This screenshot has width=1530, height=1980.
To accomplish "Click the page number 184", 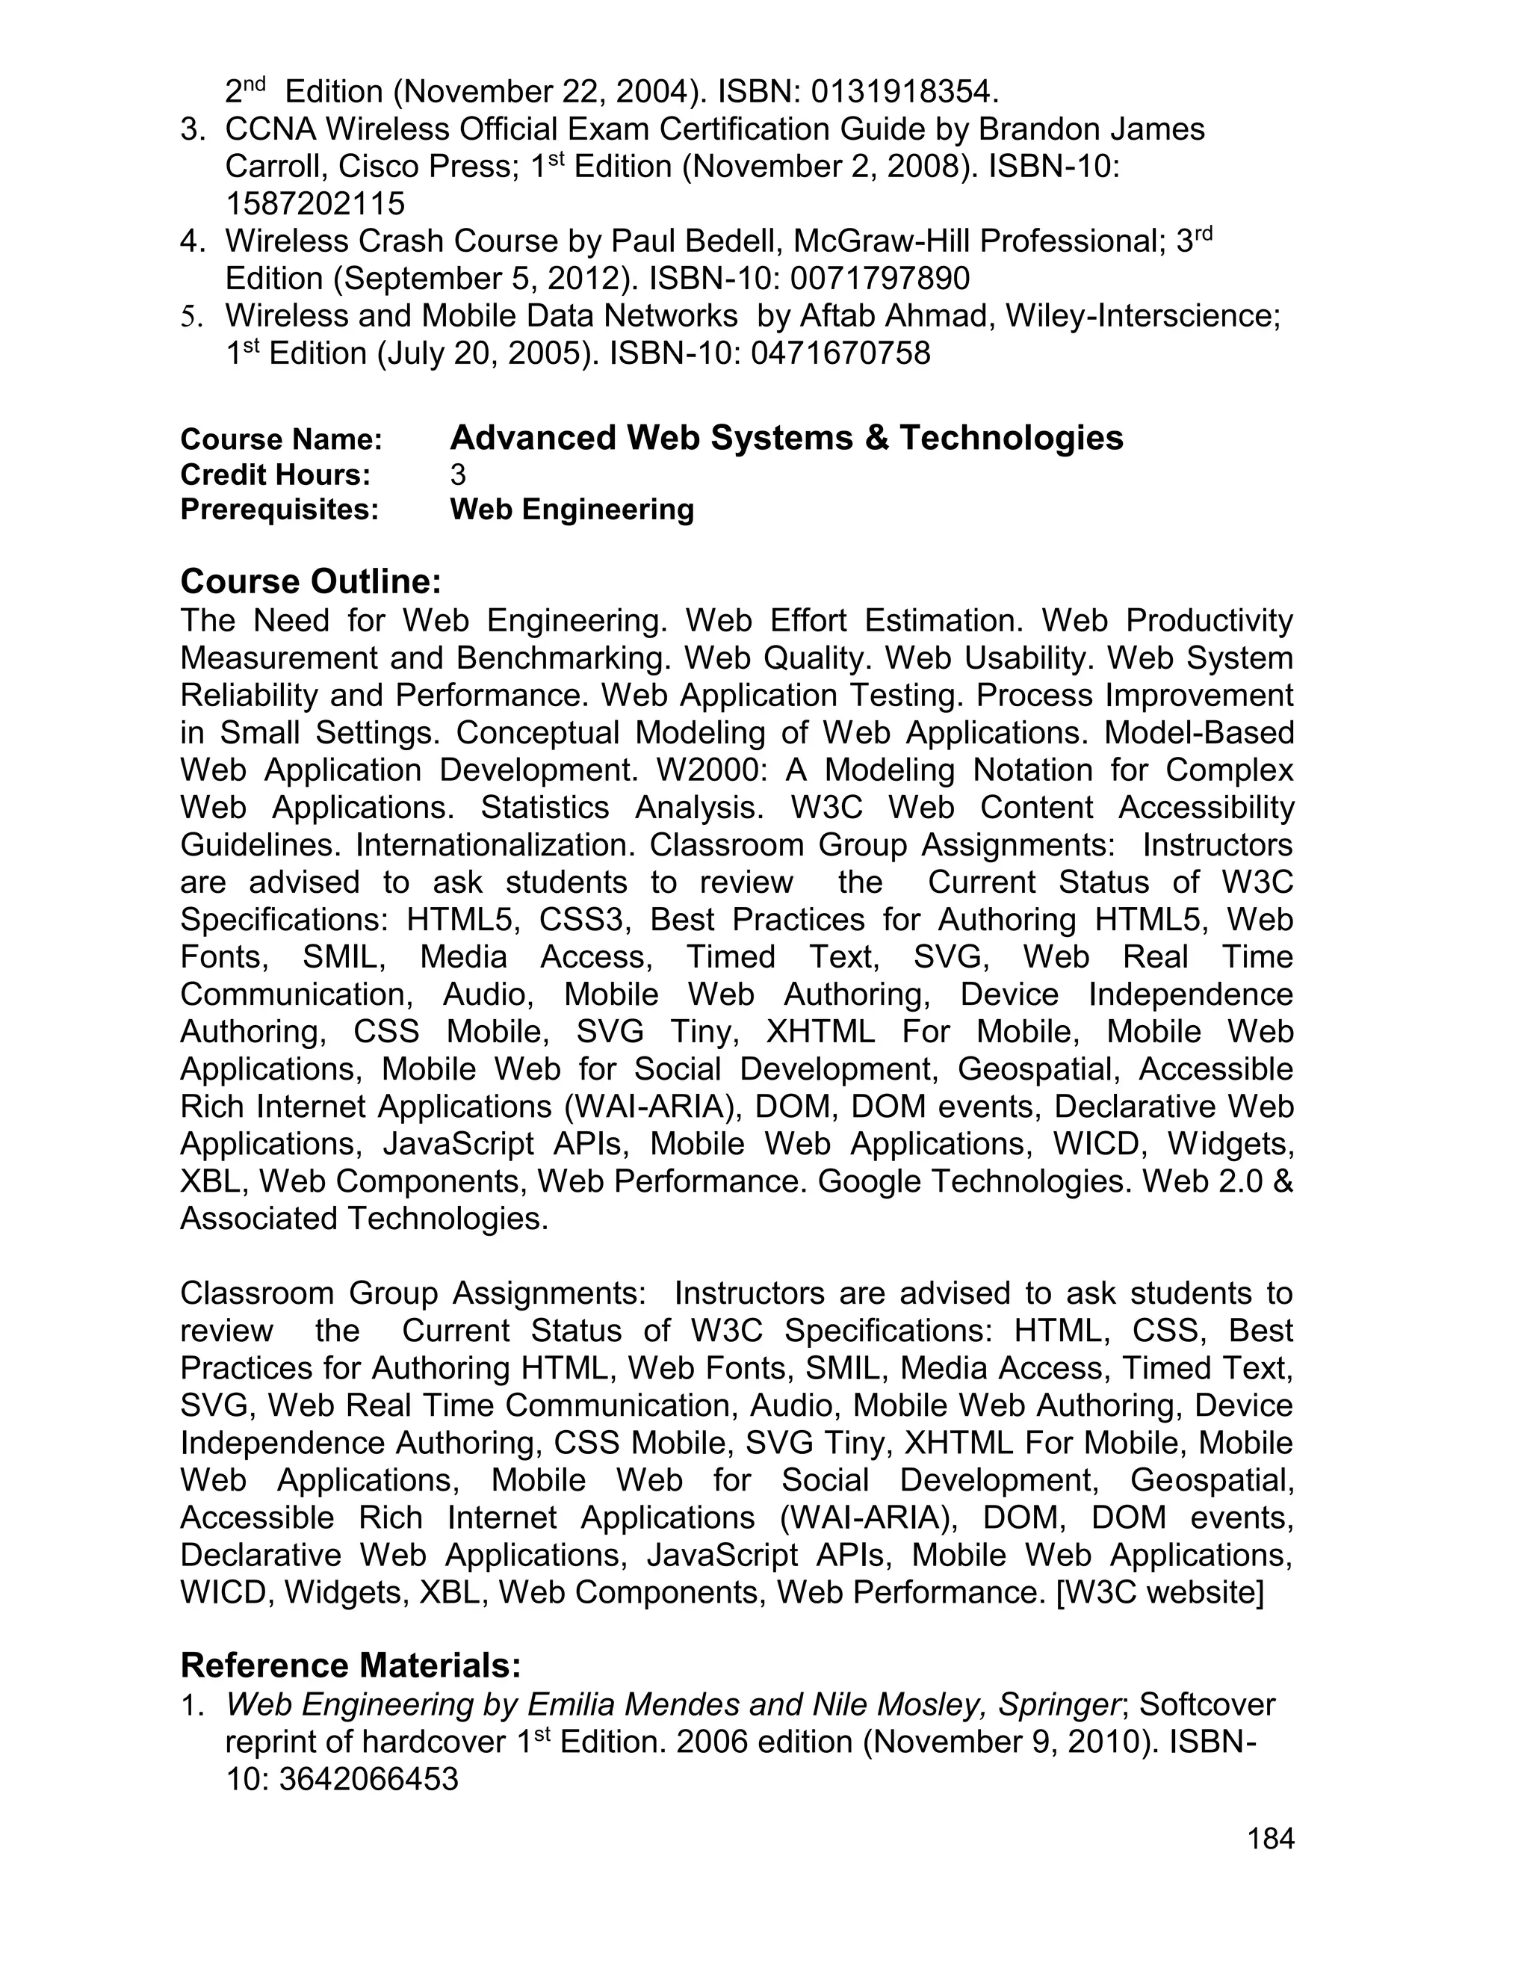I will tap(1271, 1839).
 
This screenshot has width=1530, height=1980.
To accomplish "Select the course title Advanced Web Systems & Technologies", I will tap(786, 438).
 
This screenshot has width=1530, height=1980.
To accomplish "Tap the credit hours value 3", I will tap(458, 474).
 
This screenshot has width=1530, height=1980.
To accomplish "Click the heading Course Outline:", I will tap(310, 581).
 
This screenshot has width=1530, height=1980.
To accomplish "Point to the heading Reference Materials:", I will tap(351, 1665).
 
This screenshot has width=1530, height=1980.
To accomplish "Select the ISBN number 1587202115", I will tap(315, 203).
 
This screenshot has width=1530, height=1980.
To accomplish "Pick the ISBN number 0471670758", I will tap(840, 353).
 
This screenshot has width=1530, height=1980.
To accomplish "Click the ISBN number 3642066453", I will tap(368, 1780).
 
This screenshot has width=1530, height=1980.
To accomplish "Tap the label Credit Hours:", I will tap(276, 474).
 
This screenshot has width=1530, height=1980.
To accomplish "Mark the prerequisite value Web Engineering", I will tap(572, 510).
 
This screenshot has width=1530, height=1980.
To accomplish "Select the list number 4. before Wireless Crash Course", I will tap(191, 241).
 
